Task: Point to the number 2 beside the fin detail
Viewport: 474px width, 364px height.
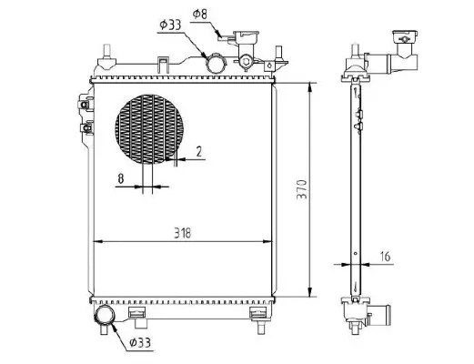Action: point(198,152)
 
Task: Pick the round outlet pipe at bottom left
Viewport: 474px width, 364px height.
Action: point(105,316)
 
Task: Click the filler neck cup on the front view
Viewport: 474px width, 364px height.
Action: point(245,41)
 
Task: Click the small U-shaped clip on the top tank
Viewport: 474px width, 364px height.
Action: point(161,64)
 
